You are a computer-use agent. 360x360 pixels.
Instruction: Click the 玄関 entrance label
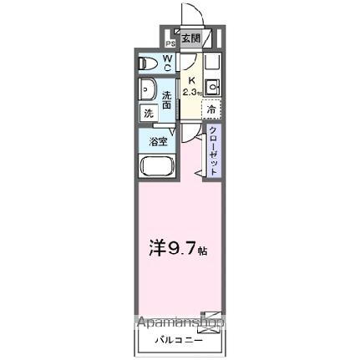pyautogui.click(x=190, y=39)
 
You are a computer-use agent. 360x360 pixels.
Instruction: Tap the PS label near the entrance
pyautogui.click(x=170, y=43)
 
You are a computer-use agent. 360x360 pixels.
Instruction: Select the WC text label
pyautogui.click(x=167, y=62)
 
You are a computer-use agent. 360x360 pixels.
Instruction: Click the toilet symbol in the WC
pyautogui.click(x=148, y=62)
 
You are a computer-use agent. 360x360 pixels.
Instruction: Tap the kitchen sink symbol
pyautogui.click(x=212, y=85)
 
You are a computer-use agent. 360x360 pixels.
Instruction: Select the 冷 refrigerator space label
pyautogui.click(x=211, y=109)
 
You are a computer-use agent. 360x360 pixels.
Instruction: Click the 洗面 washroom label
pyautogui.click(x=166, y=99)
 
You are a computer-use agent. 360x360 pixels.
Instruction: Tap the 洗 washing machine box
pyautogui.click(x=147, y=113)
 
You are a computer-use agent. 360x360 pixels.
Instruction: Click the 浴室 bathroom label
pyautogui.click(x=157, y=141)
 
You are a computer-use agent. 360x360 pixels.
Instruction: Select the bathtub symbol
pyautogui.click(x=156, y=165)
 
